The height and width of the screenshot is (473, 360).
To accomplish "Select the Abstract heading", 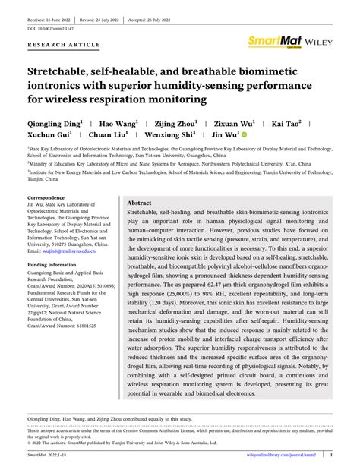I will (140, 204).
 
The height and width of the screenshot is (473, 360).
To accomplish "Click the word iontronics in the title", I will (62, 84).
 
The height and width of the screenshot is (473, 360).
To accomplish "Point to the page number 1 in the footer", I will (332, 456).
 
